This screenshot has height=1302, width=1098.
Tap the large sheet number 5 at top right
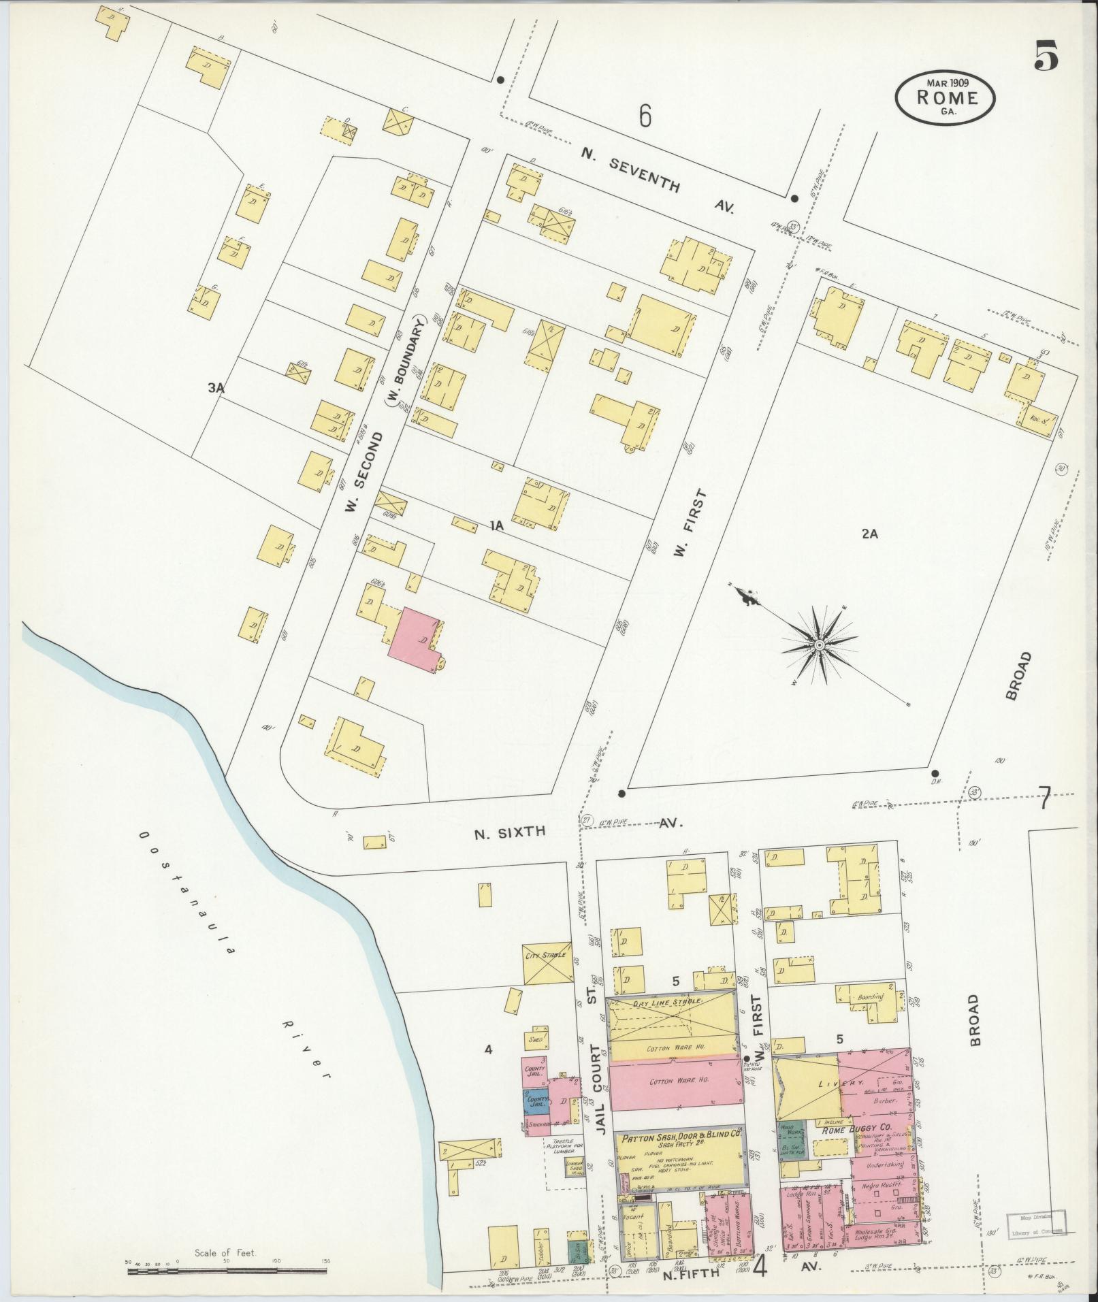click(1046, 56)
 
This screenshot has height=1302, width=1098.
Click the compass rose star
click(820, 644)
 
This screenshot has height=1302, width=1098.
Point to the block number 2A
click(869, 534)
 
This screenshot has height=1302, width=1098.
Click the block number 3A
click(216, 389)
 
